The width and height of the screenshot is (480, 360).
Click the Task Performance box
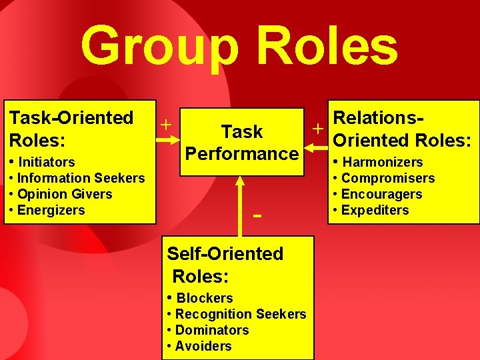click(241, 142)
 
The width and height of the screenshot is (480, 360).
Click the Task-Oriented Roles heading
click(71, 129)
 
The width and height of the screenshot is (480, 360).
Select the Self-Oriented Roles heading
click(225, 265)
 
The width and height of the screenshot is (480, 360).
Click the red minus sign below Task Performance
click(257, 215)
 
